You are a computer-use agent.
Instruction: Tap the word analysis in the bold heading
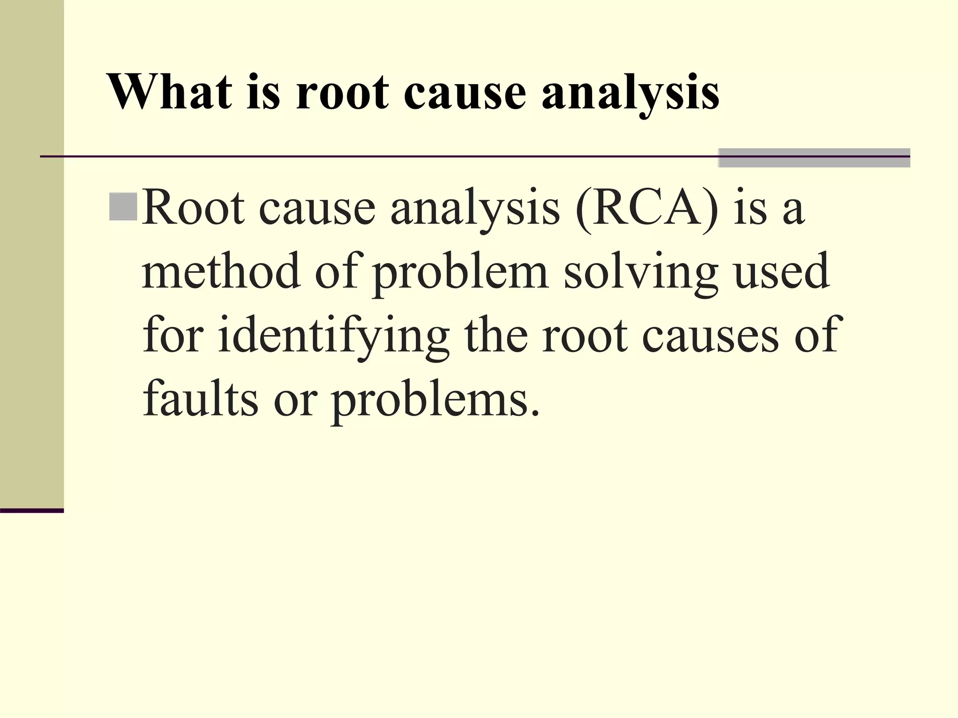630,93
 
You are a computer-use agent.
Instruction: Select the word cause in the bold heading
465,93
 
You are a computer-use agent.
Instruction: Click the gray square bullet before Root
123,206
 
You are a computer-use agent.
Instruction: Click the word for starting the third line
173,336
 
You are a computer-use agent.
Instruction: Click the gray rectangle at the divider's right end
814,158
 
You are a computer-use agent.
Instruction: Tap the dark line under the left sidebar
32,510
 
